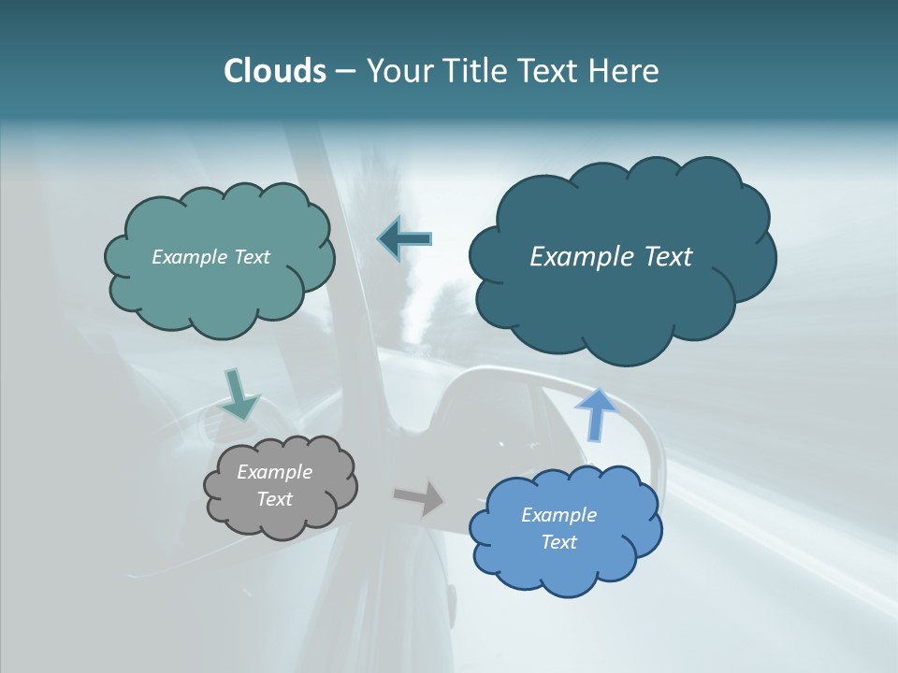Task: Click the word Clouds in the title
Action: tap(274, 71)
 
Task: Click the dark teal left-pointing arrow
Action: tap(405, 239)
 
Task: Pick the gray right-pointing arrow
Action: tap(418, 498)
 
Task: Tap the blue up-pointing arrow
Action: tap(596, 412)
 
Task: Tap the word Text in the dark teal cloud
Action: tap(667, 257)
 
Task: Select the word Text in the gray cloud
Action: tap(275, 499)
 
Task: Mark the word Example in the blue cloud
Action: tap(558, 515)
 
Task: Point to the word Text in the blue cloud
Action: tap(559, 542)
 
